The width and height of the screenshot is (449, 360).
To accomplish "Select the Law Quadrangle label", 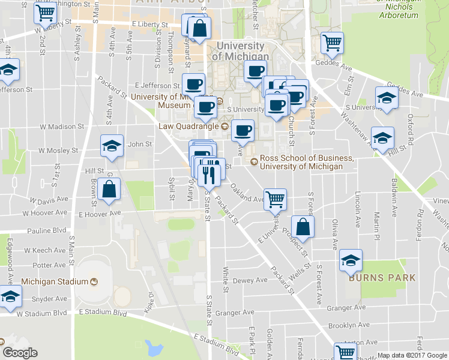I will click(189, 126).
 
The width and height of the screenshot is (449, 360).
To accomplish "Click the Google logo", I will click(20, 353).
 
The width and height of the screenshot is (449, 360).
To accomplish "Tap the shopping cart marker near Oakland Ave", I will click(276, 199).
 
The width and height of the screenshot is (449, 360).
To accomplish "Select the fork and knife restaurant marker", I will click(208, 175).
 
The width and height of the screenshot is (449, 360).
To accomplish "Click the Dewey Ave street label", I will click(250, 280).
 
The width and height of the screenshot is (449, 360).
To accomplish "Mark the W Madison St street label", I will click(62, 127).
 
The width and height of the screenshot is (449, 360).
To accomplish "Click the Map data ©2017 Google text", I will click(411, 355).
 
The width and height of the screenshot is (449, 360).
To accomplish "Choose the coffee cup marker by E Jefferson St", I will click(193, 85).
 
